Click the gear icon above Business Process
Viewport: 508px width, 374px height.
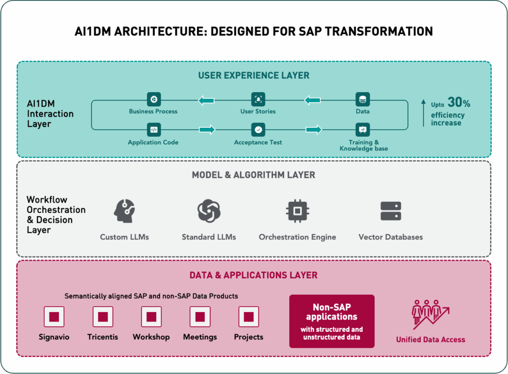click(x=154, y=99)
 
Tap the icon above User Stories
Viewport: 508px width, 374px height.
click(x=258, y=99)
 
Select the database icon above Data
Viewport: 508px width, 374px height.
click(x=363, y=99)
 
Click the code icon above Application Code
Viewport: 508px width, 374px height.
click(x=154, y=130)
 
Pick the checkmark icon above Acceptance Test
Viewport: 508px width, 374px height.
click(x=258, y=130)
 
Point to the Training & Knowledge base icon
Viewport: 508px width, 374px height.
click(x=363, y=130)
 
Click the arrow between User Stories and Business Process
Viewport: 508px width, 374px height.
click(x=206, y=101)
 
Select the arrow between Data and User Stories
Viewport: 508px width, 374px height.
click(x=312, y=101)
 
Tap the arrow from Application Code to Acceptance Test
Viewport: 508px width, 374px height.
click(x=207, y=130)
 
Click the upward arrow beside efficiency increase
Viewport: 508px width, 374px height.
click(x=423, y=113)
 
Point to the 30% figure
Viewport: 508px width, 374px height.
click(x=458, y=103)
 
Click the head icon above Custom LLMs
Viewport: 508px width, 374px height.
click(x=125, y=211)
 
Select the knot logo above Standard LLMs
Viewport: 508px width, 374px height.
click(x=209, y=211)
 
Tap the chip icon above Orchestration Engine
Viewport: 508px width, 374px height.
click(x=297, y=211)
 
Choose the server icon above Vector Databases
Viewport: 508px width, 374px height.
click(x=390, y=211)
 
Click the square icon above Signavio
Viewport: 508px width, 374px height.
click(x=54, y=317)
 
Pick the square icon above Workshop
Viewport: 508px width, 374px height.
click(x=151, y=317)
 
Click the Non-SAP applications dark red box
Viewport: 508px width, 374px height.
click(x=331, y=321)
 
